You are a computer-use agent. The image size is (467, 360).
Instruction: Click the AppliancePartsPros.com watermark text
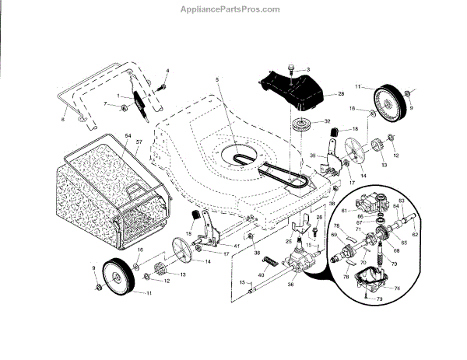coord(233,9)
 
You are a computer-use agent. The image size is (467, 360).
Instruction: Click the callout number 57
coord(140,143)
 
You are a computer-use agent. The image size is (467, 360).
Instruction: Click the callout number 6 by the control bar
coord(63,120)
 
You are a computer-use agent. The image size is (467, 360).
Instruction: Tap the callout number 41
coord(236,246)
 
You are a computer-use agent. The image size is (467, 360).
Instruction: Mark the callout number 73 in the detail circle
coord(380,298)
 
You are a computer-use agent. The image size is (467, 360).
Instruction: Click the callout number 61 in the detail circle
coord(343,210)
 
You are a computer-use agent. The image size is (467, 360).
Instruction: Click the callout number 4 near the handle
coord(167,72)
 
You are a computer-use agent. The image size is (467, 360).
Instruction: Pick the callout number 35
coord(314,156)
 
